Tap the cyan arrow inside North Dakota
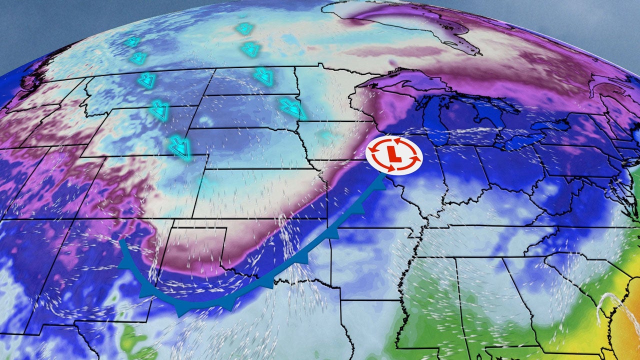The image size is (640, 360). point(263,76)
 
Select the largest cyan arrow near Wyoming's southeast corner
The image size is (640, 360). point(179,147)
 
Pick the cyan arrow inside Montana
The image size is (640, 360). point(146,80)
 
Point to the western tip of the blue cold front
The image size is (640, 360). point(120,241)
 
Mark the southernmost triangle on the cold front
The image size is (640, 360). point(182,311)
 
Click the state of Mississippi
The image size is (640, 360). point(430,295)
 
